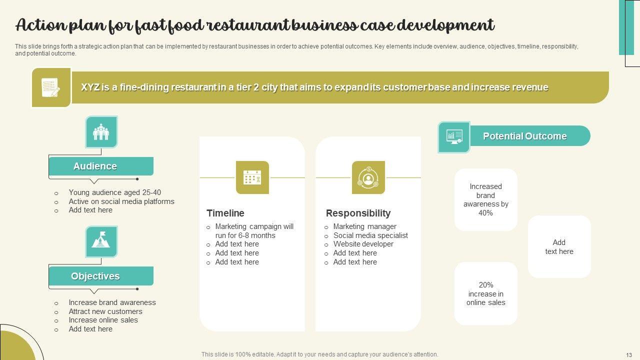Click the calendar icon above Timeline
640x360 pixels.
tap(252, 177)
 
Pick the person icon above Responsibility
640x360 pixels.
tap(368, 177)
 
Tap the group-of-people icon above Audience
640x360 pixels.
tap(101, 132)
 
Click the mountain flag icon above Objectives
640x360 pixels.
tap(101, 241)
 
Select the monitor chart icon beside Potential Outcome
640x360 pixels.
tap(454, 136)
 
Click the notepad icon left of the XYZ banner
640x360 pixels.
tap(51, 87)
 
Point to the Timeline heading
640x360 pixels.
tap(225, 213)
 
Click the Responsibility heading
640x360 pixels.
tap(358, 213)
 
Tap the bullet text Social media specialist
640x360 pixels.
tap(370, 235)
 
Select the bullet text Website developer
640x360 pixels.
tap(363, 244)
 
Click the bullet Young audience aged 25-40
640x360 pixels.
tap(114, 192)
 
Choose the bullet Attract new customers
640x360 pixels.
tap(105, 311)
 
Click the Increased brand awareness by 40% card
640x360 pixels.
tap(485, 199)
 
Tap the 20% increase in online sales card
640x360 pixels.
tap(485, 293)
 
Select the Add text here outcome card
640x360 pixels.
tap(559, 247)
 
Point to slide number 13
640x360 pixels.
tap(629, 354)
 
